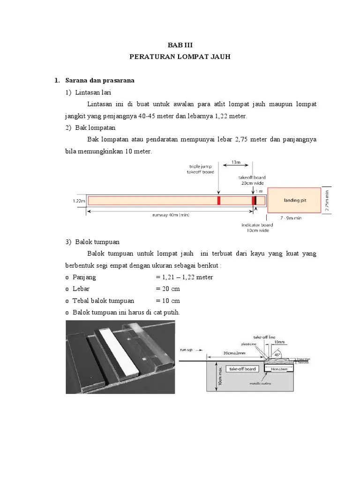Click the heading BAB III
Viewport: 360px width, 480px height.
tap(180, 45)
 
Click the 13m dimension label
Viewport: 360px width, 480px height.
tap(235, 163)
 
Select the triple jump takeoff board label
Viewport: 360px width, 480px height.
tap(202, 169)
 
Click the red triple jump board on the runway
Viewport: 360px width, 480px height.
tap(218, 201)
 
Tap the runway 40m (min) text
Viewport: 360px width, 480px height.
tap(171, 216)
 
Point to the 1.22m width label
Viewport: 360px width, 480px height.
tap(78, 201)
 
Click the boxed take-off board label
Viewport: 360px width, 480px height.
tap(242, 369)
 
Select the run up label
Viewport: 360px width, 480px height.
tap(187, 349)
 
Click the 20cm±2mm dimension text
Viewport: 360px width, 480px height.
tap(233, 353)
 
